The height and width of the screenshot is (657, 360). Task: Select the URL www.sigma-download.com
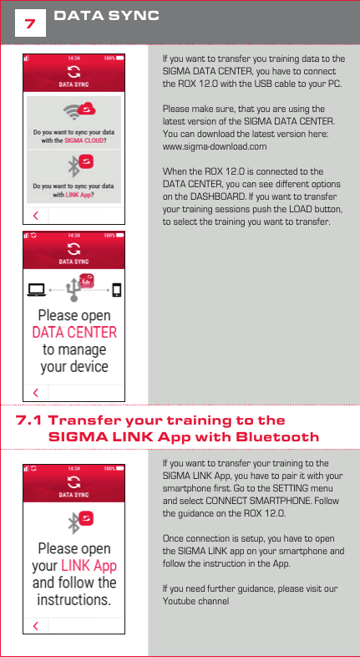(215, 146)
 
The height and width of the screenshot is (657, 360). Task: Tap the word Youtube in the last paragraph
(180, 601)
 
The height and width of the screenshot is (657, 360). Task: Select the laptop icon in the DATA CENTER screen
(37, 290)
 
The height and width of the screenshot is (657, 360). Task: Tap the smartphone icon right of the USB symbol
(116, 290)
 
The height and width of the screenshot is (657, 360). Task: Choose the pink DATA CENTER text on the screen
(74, 332)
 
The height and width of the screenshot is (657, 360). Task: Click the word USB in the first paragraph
(265, 85)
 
